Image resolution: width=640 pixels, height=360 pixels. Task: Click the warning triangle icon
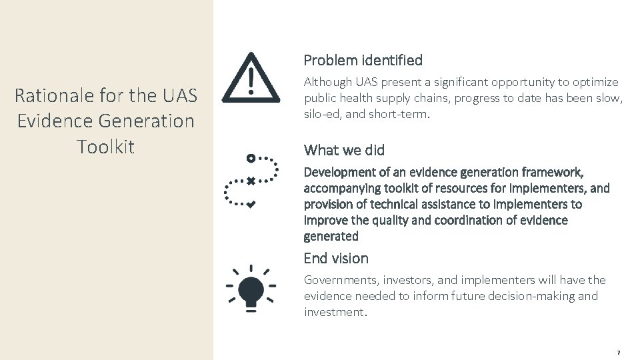pos(251,79)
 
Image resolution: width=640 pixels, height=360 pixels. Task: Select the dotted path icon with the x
pos(251,181)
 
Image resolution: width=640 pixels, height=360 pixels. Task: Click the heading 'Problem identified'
pos(363,60)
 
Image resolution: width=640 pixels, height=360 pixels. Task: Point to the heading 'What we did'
pos(343,149)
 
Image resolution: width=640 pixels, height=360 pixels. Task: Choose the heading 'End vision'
pos(336,258)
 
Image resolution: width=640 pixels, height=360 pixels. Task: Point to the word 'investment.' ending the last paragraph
pos(335,312)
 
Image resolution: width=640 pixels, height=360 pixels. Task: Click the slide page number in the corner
pos(618,351)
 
